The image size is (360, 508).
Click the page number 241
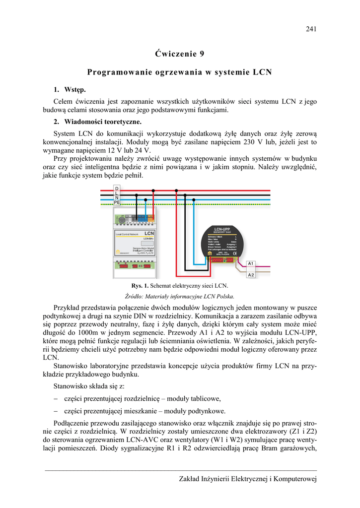coord(311,29)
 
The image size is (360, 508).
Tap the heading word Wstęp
coord(75,90)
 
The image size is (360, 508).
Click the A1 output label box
coord(251,263)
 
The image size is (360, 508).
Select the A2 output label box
coord(251,275)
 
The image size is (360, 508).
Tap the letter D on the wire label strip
coord(117,189)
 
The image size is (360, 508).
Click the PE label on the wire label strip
coord(117,203)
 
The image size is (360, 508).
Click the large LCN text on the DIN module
coord(149,233)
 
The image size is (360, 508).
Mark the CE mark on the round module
coord(234,254)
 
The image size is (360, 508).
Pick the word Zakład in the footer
coord(190,479)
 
